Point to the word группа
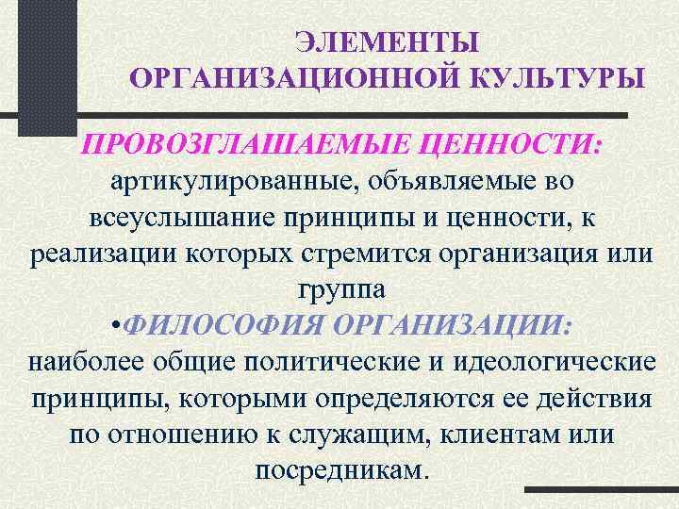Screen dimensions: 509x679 point(339,288)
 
